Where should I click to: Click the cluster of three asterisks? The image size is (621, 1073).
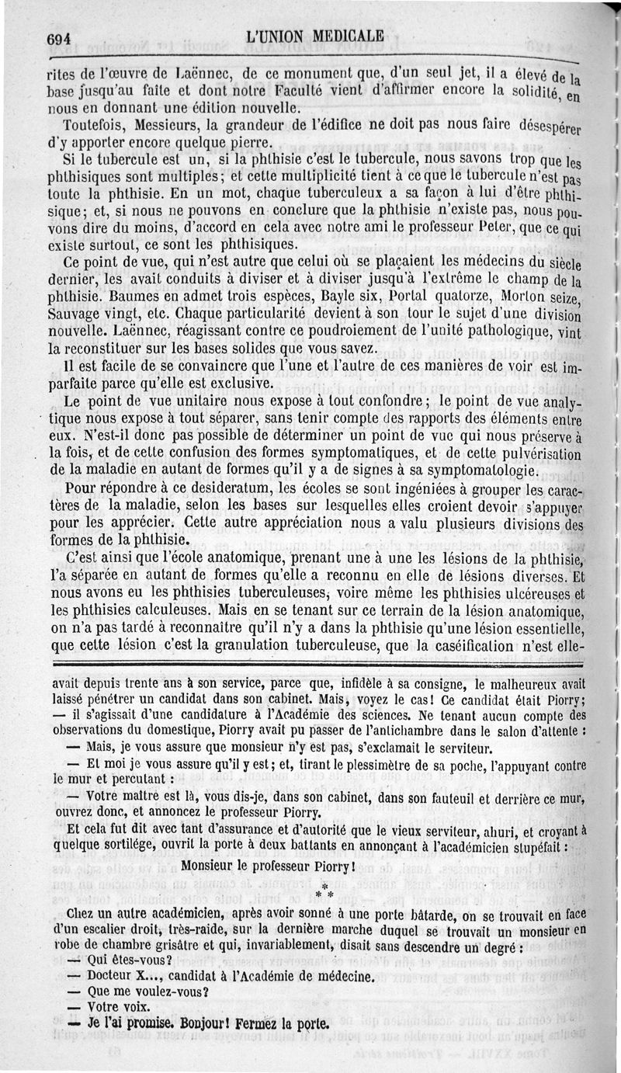324,890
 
